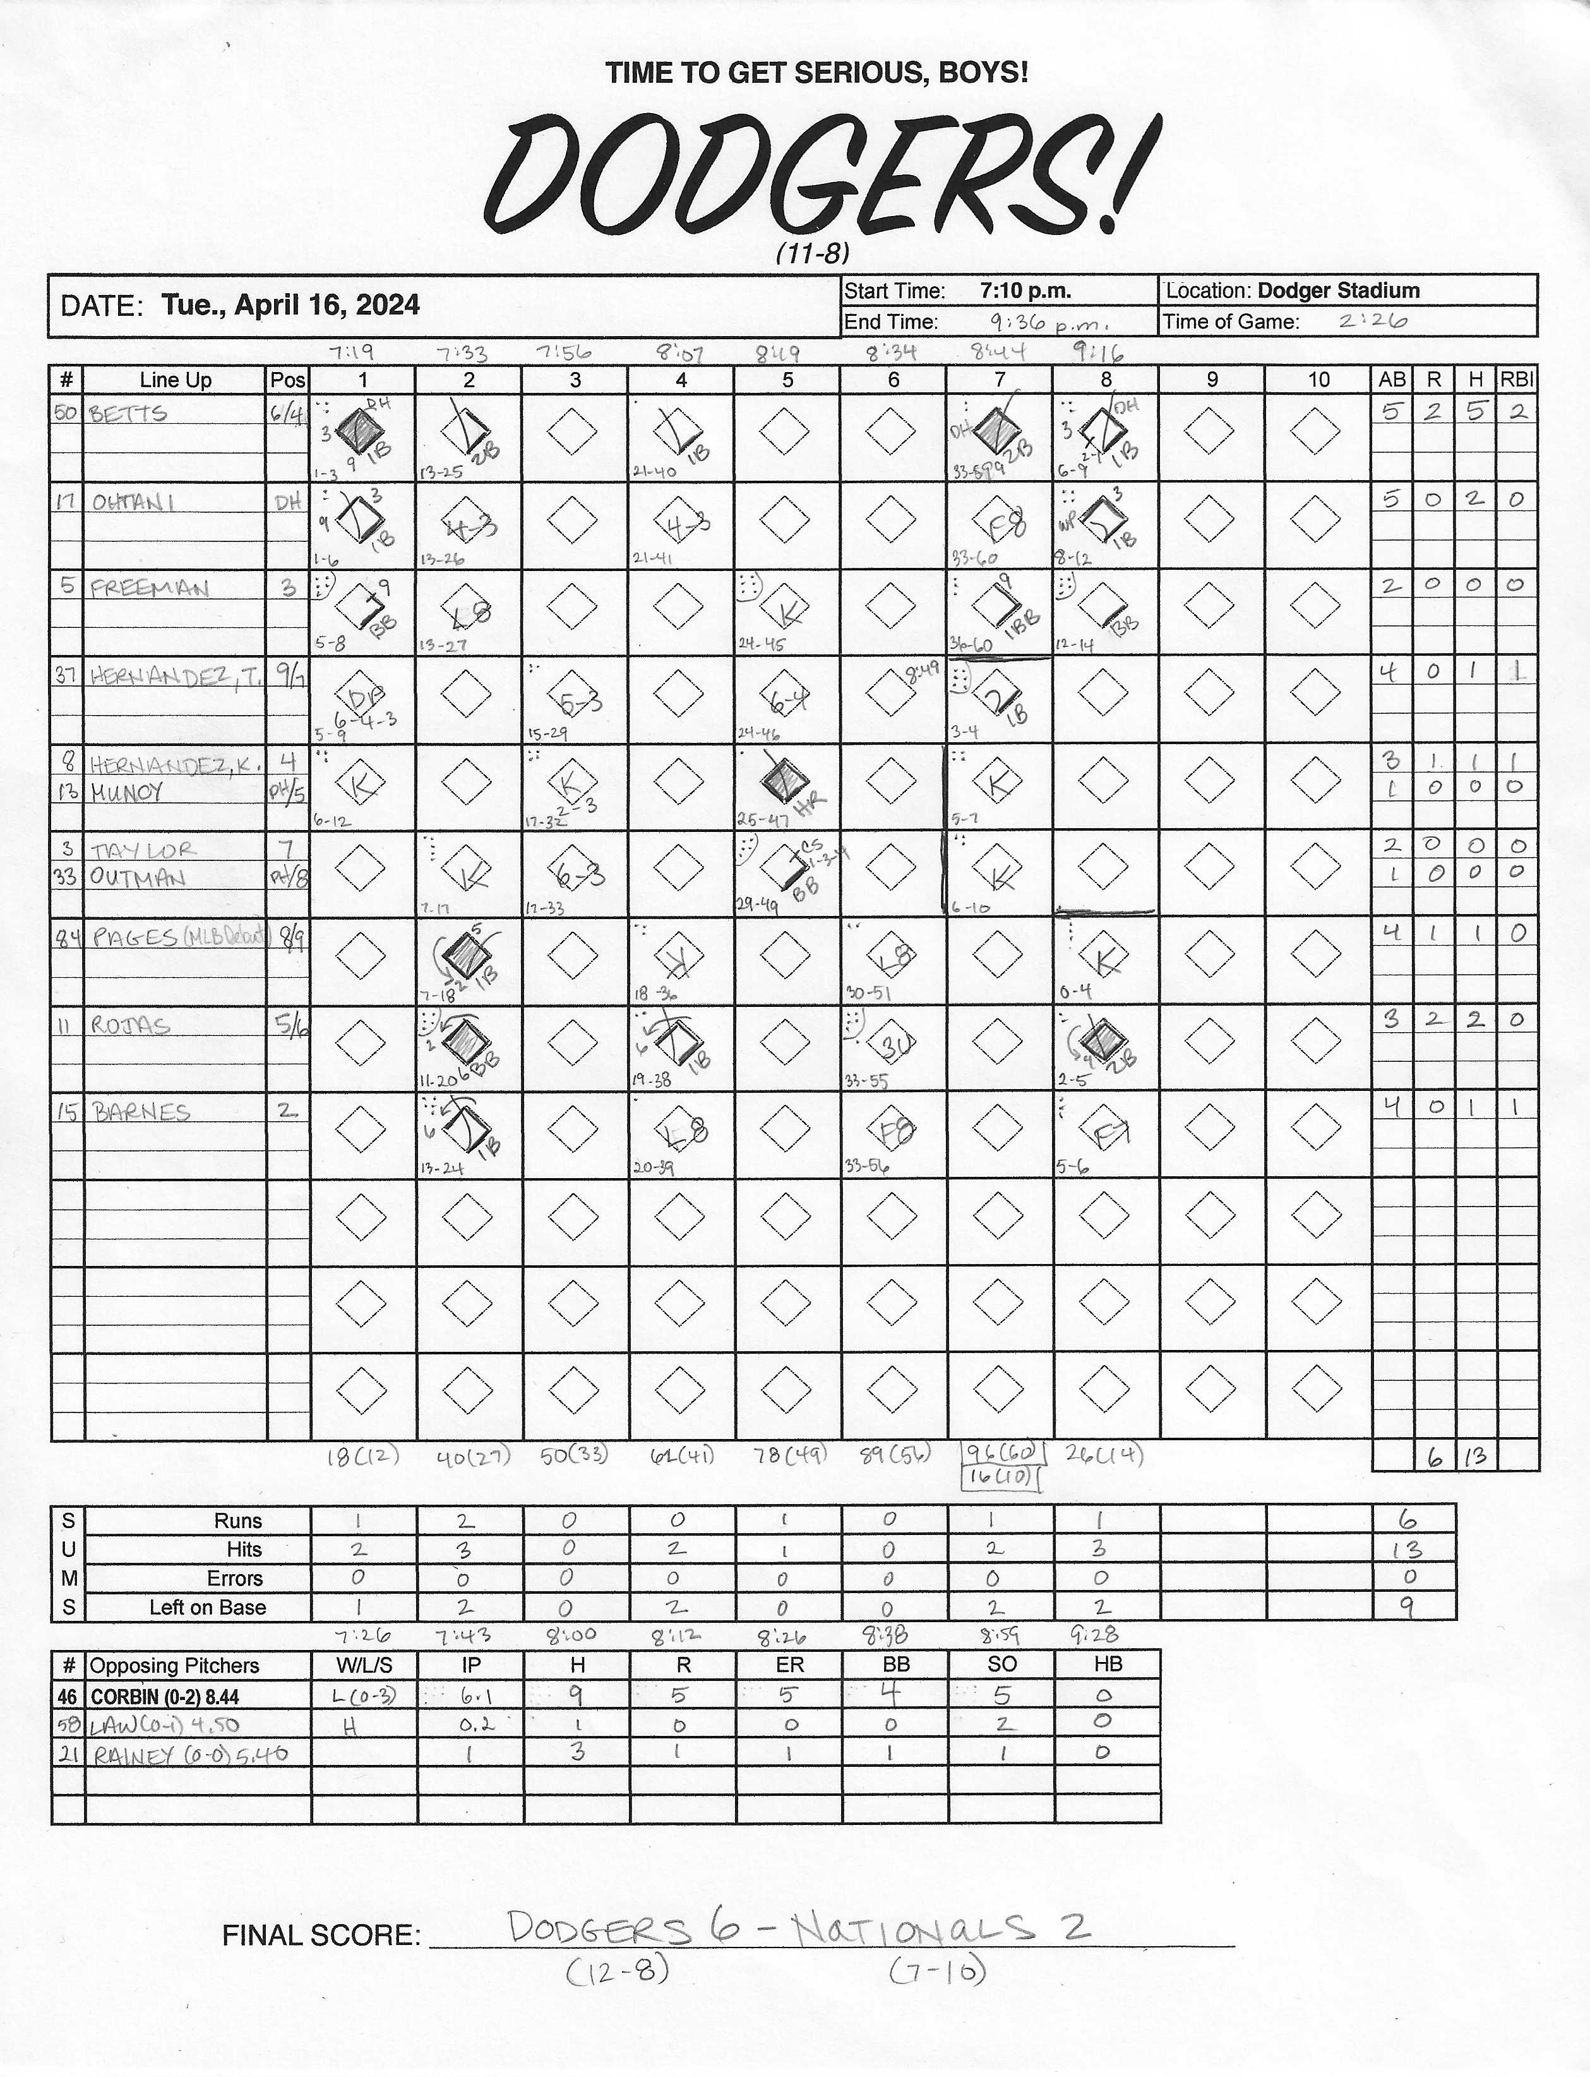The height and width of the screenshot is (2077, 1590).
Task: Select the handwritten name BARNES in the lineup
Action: pyautogui.click(x=141, y=1112)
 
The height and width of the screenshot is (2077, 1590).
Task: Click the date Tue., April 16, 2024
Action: pyautogui.click(x=290, y=305)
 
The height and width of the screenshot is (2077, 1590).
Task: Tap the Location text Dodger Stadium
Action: pyautogui.click(x=1338, y=291)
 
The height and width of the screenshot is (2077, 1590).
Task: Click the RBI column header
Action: pyautogui.click(x=1516, y=380)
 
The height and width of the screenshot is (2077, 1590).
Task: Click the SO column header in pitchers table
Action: pyautogui.click(x=1001, y=1665)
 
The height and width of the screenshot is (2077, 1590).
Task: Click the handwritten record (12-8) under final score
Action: pyautogui.click(x=618, y=1971)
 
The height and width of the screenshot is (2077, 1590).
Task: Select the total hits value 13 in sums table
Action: pyautogui.click(x=1408, y=1550)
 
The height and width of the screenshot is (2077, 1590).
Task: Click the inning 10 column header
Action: pyautogui.click(x=1318, y=380)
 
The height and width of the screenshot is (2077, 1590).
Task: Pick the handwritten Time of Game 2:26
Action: pyautogui.click(x=1372, y=321)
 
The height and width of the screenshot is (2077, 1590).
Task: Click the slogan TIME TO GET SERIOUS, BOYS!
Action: pyautogui.click(x=816, y=73)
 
